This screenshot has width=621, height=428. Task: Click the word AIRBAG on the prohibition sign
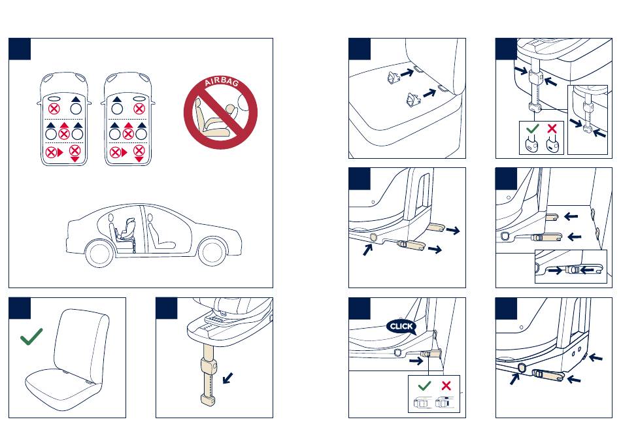[x=222, y=82]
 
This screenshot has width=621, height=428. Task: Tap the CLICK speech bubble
[x=401, y=327]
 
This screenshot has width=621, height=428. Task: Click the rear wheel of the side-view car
[x=99, y=254]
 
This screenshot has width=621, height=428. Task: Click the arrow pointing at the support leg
[x=227, y=378]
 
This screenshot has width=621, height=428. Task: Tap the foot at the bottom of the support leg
[x=209, y=399]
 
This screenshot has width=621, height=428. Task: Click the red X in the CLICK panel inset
[x=446, y=386]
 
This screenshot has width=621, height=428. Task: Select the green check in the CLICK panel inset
[x=424, y=386]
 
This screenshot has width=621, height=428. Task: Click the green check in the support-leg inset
[x=533, y=128]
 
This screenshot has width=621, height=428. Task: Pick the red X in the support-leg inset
[x=552, y=128]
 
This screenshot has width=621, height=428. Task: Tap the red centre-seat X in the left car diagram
[x=64, y=134]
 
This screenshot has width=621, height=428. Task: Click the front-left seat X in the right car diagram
[x=139, y=108]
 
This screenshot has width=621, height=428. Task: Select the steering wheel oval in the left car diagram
[x=54, y=98]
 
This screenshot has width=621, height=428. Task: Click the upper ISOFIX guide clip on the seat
[x=394, y=77]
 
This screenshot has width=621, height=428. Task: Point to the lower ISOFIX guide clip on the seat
[x=414, y=99]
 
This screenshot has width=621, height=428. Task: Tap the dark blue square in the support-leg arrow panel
[x=166, y=308]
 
